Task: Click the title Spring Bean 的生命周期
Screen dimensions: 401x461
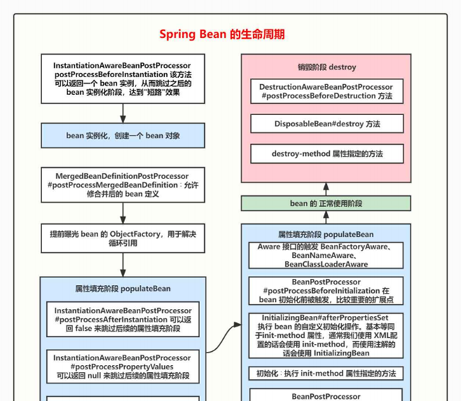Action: pos(222,34)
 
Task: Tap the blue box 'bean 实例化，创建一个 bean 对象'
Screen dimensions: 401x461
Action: pos(123,136)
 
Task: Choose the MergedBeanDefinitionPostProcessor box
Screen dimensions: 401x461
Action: pos(123,184)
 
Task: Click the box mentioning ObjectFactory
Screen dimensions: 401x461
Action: pos(123,237)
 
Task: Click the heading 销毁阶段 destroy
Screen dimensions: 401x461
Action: pos(326,67)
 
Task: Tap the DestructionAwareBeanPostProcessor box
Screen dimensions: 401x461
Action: pos(326,91)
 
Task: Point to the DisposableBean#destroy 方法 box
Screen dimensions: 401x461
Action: pos(326,124)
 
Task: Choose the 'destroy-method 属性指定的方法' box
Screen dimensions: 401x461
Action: pos(326,154)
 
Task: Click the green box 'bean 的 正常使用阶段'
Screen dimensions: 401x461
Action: pos(326,204)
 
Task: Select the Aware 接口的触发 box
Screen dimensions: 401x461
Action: pos(326,256)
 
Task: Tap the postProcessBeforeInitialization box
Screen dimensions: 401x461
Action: pos(326,290)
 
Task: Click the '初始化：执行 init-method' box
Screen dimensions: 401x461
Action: pos(326,374)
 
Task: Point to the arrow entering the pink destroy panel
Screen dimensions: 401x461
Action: pos(326,188)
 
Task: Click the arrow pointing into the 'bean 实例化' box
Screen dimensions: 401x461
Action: pos(123,113)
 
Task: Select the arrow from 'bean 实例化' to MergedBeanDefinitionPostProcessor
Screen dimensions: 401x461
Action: pos(123,157)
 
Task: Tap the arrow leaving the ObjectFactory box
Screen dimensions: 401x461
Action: pos(123,263)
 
